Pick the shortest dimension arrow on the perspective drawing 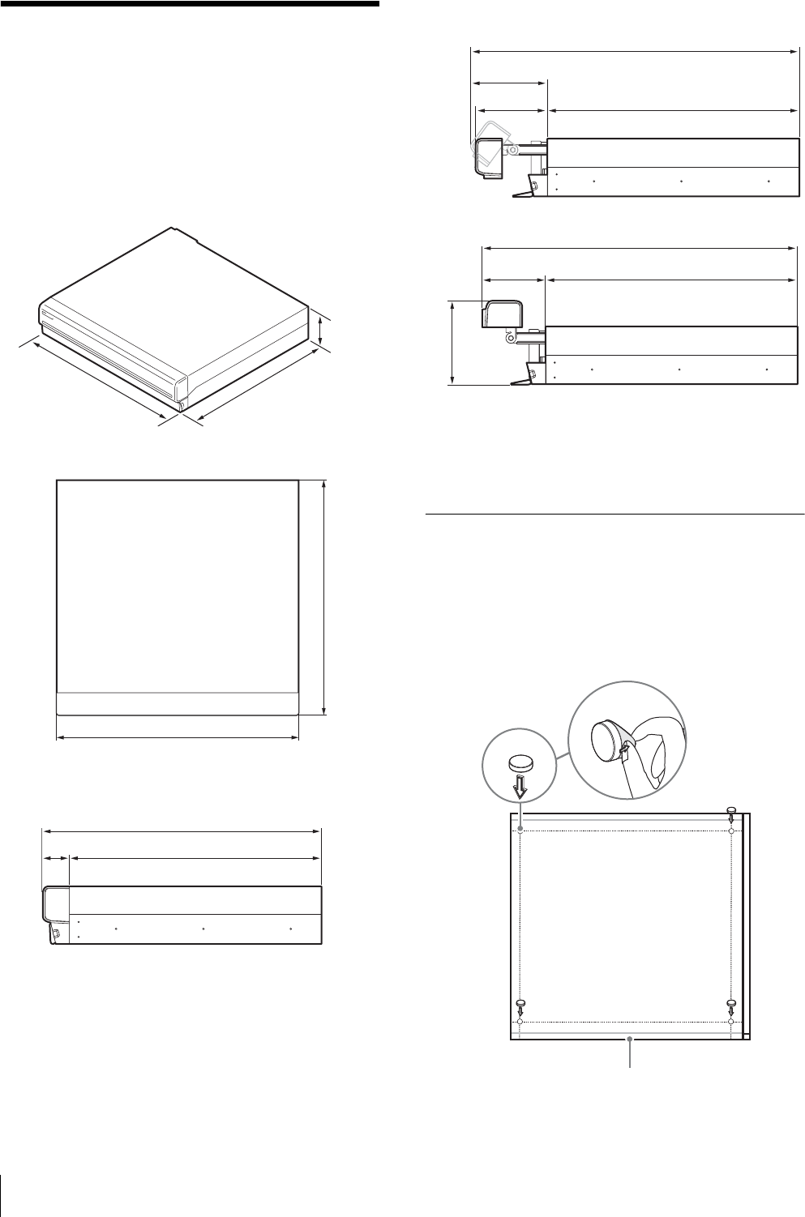point(322,332)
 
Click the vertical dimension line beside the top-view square point(324,596)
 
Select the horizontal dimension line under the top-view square point(178,737)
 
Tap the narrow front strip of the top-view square point(178,703)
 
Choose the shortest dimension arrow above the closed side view point(56,856)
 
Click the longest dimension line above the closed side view point(182,831)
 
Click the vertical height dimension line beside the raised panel point(452,341)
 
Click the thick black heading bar point(190,4)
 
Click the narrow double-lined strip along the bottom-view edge point(747,924)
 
